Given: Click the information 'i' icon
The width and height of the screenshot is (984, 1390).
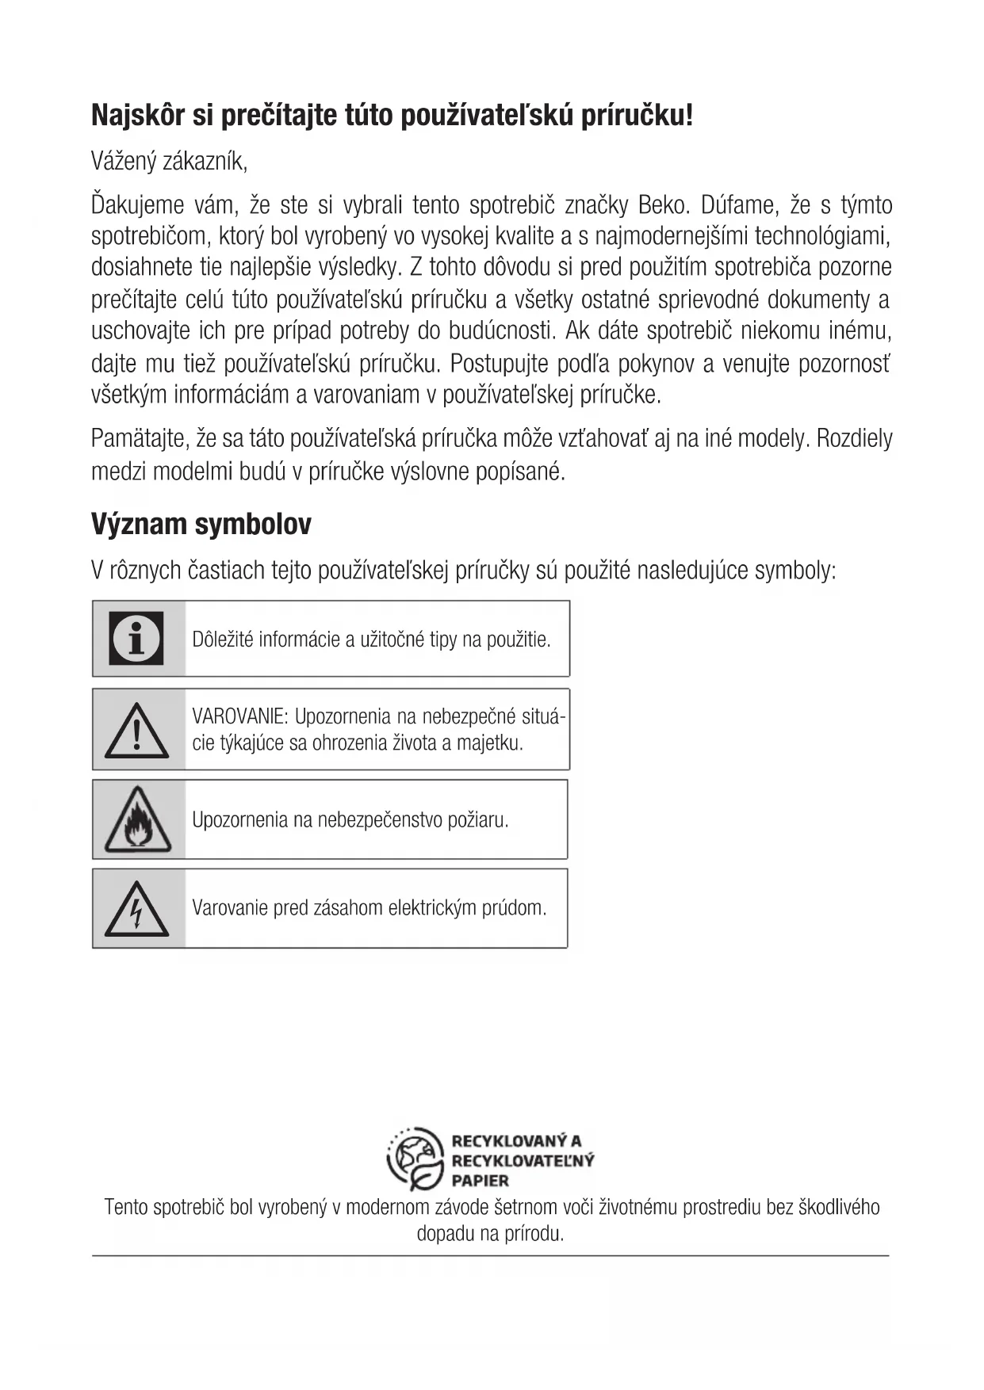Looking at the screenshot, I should tap(137, 638).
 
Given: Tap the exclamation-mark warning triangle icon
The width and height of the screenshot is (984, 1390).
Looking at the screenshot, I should tap(137, 729).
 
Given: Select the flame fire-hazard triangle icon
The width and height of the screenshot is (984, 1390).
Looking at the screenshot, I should tap(137, 819).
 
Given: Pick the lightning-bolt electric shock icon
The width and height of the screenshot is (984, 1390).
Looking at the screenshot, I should tap(137, 908).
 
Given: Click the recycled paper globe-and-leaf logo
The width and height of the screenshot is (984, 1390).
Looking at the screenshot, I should tap(415, 1159).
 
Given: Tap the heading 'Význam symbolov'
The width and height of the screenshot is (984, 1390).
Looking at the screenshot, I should tap(201, 525).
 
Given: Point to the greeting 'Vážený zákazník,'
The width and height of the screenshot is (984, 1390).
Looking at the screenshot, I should tap(170, 162).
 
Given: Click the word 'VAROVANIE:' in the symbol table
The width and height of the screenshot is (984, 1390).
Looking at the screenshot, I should tap(240, 717).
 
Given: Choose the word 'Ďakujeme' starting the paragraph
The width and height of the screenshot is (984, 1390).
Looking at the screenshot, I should tap(137, 205).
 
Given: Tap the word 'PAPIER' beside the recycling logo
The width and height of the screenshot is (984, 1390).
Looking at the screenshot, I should tap(480, 1180).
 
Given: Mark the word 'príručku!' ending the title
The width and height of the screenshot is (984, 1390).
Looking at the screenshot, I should tap(637, 116).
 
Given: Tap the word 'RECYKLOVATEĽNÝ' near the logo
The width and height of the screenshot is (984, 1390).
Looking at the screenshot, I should tap(523, 1161).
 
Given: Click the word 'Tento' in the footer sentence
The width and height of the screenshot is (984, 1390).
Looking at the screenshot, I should tap(126, 1208).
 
